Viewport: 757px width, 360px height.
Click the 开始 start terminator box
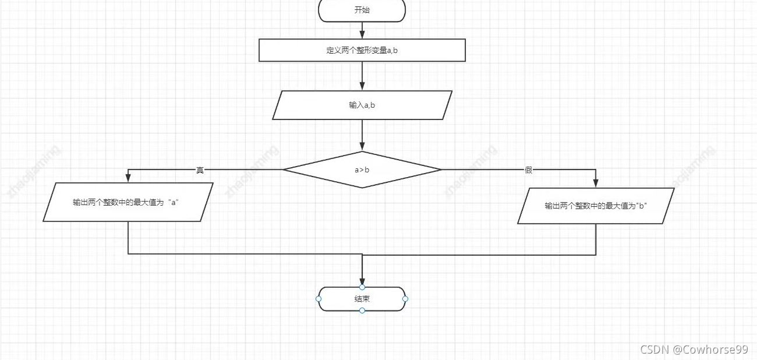pos(362,10)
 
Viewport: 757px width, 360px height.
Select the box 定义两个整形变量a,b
pos(362,50)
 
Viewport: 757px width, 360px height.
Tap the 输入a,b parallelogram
pos(362,105)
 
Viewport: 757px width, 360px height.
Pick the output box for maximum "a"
pos(128,202)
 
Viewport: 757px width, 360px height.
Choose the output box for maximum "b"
pos(596,206)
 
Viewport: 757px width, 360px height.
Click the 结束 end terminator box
pos(362,299)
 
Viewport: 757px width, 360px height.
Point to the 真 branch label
pos(200,170)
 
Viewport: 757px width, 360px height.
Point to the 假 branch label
pos(528,170)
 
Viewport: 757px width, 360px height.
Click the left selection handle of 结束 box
pos(319,299)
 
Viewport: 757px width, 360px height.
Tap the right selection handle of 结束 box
pos(405,299)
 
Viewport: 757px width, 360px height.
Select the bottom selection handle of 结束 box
pos(362,310)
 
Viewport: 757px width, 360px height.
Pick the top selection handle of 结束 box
pos(362,287)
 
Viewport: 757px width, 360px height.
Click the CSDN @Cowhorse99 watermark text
pos(694,350)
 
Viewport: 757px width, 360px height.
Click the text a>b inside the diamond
pos(362,170)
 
